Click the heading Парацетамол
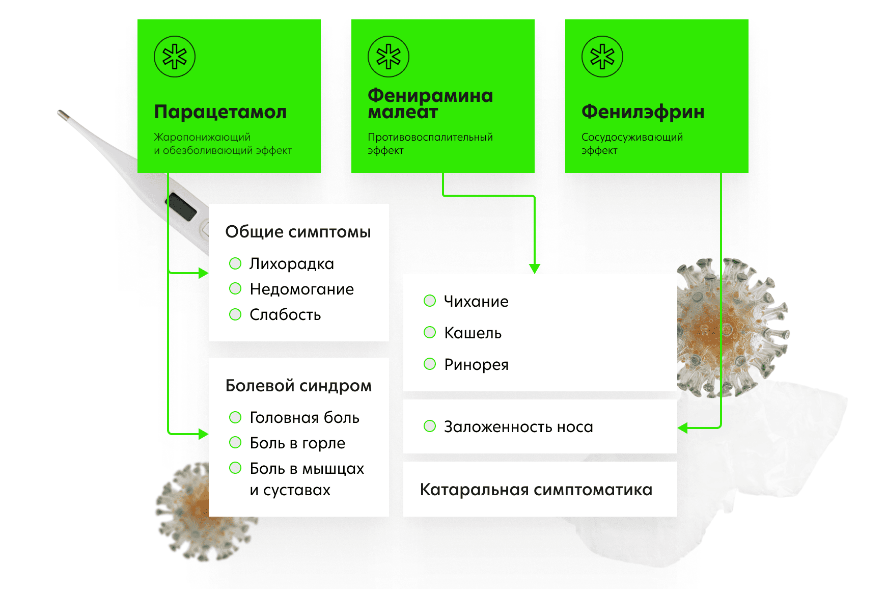[x=220, y=112]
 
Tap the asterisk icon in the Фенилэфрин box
[x=602, y=56]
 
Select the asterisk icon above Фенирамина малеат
[x=389, y=56]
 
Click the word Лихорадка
[x=292, y=264]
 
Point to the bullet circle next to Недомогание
[x=235, y=289]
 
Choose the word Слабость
[x=285, y=315]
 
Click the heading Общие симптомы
[x=298, y=232]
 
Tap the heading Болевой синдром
[x=299, y=386]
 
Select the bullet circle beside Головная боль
[x=235, y=417]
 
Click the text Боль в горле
[x=297, y=443]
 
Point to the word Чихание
[x=476, y=302]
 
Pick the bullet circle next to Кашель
[x=430, y=333]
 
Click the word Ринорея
[x=477, y=365]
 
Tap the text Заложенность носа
[x=518, y=427]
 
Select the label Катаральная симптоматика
[x=536, y=490]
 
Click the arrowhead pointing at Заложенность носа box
[x=683, y=428]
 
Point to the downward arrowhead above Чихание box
[x=535, y=269]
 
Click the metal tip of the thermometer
[x=63, y=114]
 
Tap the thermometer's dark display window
[x=182, y=206]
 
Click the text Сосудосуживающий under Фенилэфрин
[x=632, y=138]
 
